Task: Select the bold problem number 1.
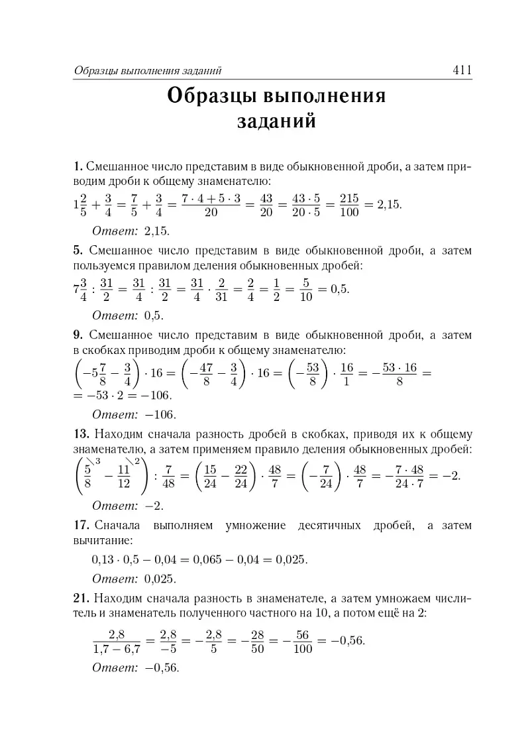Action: click(x=78, y=166)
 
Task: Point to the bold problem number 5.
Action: click(x=78, y=251)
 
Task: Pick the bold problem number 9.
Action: click(x=78, y=335)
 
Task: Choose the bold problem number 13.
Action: click(x=81, y=435)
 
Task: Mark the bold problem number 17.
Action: click(x=81, y=526)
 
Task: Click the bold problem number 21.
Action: click(x=81, y=599)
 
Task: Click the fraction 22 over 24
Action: click(x=240, y=475)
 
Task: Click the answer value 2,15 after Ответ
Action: click(x=156, y=231)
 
